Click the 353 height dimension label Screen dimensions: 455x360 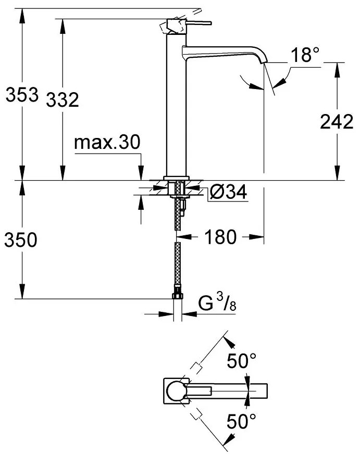click(21, 96)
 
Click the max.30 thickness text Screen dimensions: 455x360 click(107, 142)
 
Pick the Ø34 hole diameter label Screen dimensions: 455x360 click(227, 193)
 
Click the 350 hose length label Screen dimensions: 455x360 click(21, 241)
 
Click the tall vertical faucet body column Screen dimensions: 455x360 click(176, 104)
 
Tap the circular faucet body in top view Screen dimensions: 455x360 click(176, 390)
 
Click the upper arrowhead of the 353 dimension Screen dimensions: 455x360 click(21, 15)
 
